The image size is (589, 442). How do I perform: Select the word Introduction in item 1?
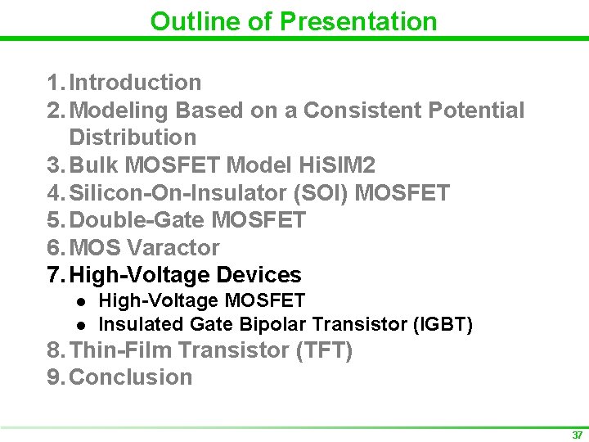(x=135, y=83)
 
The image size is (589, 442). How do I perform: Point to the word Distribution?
(x=133, y=138)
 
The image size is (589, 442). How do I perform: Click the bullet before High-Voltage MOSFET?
(x=79, y=302)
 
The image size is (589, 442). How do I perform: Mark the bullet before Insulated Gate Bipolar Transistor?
(x=79, y=325)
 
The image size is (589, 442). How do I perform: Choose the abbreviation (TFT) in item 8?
(x=324, y=351)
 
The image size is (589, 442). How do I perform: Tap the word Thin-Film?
(x=120, y=351)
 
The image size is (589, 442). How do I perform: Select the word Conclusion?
(x=131, y=377)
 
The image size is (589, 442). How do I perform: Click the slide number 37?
(x=578, y=435)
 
